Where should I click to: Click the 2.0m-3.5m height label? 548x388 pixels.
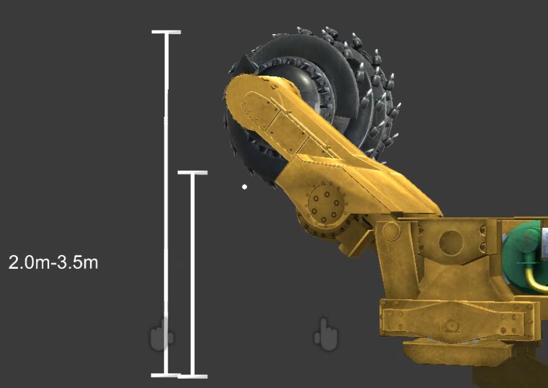(53, 262)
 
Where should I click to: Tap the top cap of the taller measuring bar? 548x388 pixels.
(166, 32)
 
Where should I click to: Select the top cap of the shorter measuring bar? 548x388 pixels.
(192, 173)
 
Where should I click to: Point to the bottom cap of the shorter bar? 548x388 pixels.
(192, 376)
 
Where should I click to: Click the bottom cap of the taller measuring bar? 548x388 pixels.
(166, 376)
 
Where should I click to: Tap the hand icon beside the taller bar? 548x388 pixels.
(162, 334)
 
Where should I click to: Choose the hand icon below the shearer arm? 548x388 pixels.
(326, 335)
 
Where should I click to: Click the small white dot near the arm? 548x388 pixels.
(245, 187)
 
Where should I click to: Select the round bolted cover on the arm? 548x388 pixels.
(325, 203)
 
